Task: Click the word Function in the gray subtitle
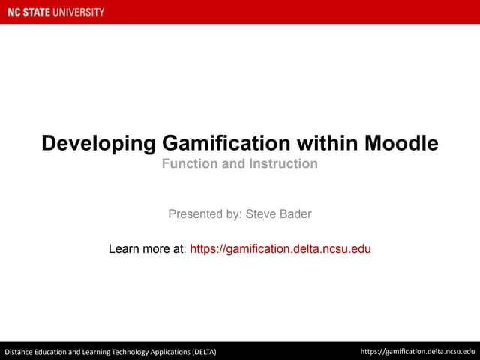(189, 163)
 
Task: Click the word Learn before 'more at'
(124, 248)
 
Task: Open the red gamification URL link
(280, 248)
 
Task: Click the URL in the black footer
(418, 350)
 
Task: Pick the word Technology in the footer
(131, 351)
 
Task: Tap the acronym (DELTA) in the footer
(202, 351)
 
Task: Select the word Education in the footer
(58, 351)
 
